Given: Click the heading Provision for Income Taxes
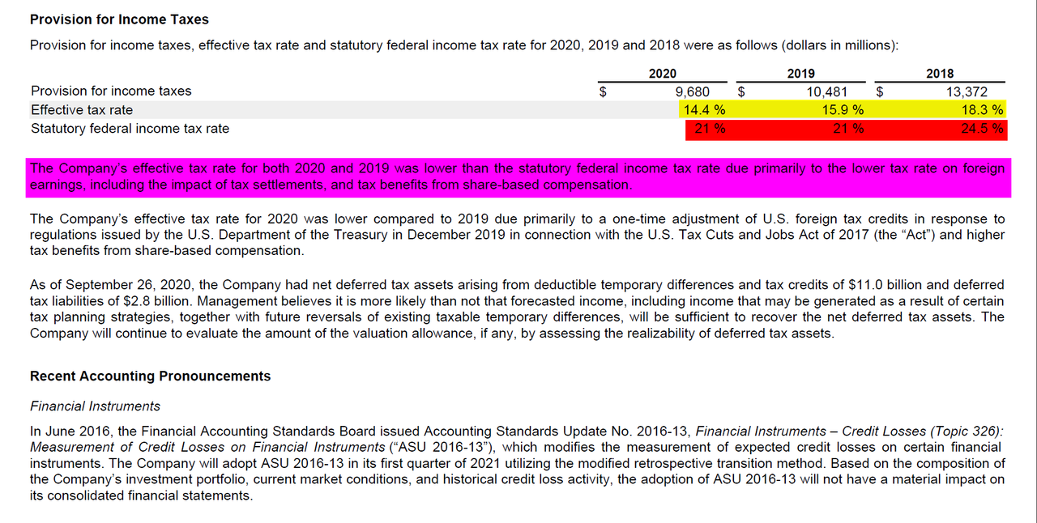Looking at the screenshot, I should pos(119,19).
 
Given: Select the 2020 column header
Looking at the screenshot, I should pos(663,74).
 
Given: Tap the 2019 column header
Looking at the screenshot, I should pos(801,74).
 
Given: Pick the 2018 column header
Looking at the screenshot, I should pos(940,74).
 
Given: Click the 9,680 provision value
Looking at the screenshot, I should pos(693,91).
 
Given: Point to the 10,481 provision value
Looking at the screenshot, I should pos(828,91).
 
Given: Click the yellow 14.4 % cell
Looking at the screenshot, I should pos(704,110).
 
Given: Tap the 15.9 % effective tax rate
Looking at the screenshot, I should pos(843,110).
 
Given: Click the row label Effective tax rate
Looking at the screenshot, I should pos(82,110).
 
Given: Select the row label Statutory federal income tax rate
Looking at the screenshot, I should pos(130,129).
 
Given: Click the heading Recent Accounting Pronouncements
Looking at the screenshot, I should pos(151,376).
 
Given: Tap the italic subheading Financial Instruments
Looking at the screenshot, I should pos(95,406).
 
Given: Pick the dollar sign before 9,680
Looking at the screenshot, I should pos(602,91).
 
